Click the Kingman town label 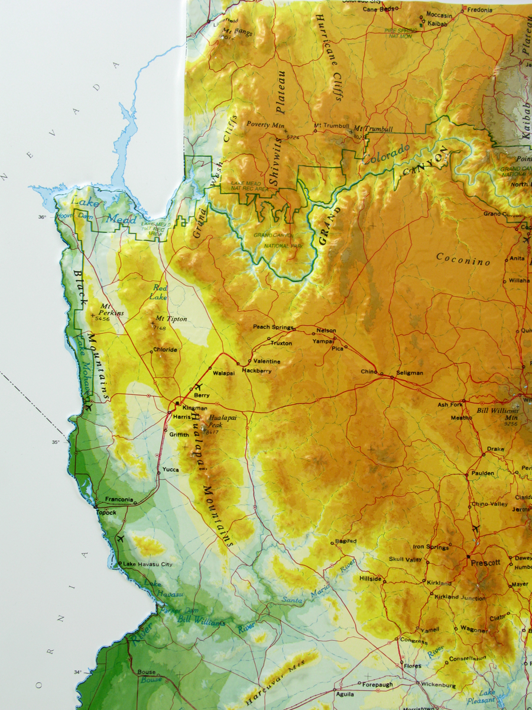(x=195, y=408)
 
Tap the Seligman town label (x=410, y=373)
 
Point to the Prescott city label (x=485, y=563)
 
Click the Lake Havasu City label (x=148, y=564)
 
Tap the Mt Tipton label (x=171, y=319)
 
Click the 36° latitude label (x=43, y=217)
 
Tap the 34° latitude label (x=78, y=672)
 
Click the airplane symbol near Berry (x=198, y=387)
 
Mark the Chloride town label (x=165, y=350)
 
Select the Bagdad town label (x=346, y=541)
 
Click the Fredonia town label (x=479, y=10)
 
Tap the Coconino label (x=463, y=259)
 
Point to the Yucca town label (x=171, y=470)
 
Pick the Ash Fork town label (x=450, y=405)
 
